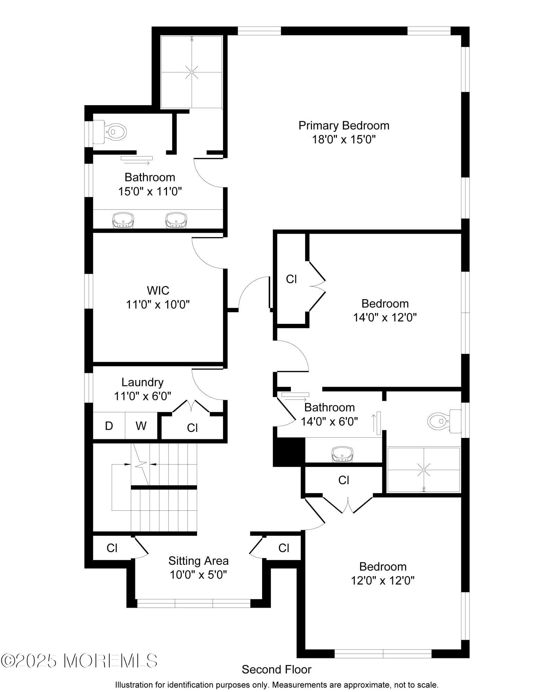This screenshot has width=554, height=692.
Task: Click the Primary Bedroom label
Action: pyautogui.click(x=343, y=125)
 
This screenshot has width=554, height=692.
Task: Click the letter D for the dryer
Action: pyautogui.click(x=109, y=426)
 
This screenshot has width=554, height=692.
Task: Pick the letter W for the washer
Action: pyautogui.click(x=141, y=426)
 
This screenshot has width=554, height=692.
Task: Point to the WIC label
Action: pyautogui.click(x=158, y=290)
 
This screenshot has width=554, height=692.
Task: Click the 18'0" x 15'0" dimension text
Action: pyautogui.click(x=343, y=140)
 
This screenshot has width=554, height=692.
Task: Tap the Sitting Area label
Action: pyautogui.click(x=198, y=560)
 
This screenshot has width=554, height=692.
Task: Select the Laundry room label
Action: pyautogui.click(x=142, y=382)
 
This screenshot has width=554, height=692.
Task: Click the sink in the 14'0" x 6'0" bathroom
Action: pyautogui.click(x=342, y=454)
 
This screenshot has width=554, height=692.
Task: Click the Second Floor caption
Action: pyautogui.click(x=276, y=669)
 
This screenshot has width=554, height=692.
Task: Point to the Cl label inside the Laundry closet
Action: pyautogui.click(x=192, y=428)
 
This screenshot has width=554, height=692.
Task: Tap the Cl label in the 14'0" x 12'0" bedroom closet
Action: pyautogui.click(x=291, y=279)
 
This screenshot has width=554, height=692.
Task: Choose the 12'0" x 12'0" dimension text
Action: pyautogui.click(x=383, y=581)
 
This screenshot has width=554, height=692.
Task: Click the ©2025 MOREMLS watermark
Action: pyautogui.click(x=79, y=660)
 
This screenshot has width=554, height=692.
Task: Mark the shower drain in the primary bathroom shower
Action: pyautogui.click(x=191, y=72)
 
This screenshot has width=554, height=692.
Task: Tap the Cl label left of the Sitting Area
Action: pyautogui.click(x=112, y=548)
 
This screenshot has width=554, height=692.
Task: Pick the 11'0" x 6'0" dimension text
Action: pyautogui.click(x=142, y=396)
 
